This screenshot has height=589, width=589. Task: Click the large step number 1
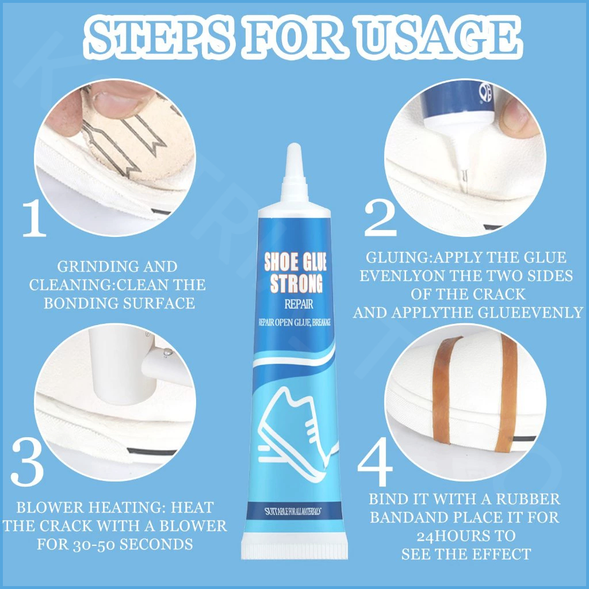(35, 219)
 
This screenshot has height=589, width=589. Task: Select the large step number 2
(380, 218)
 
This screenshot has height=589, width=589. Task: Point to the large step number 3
(27, 464)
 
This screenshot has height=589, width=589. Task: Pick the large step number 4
(375, 461)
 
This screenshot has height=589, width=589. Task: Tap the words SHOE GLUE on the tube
(295, 262)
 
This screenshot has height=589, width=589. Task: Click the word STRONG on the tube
(296, 284)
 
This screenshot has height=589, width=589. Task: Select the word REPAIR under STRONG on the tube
(299, 304)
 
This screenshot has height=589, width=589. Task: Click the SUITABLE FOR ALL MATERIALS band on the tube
(293, 511)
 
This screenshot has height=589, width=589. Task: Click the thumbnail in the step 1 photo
(116, 98)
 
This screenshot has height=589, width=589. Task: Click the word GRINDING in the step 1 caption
(87, 267)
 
